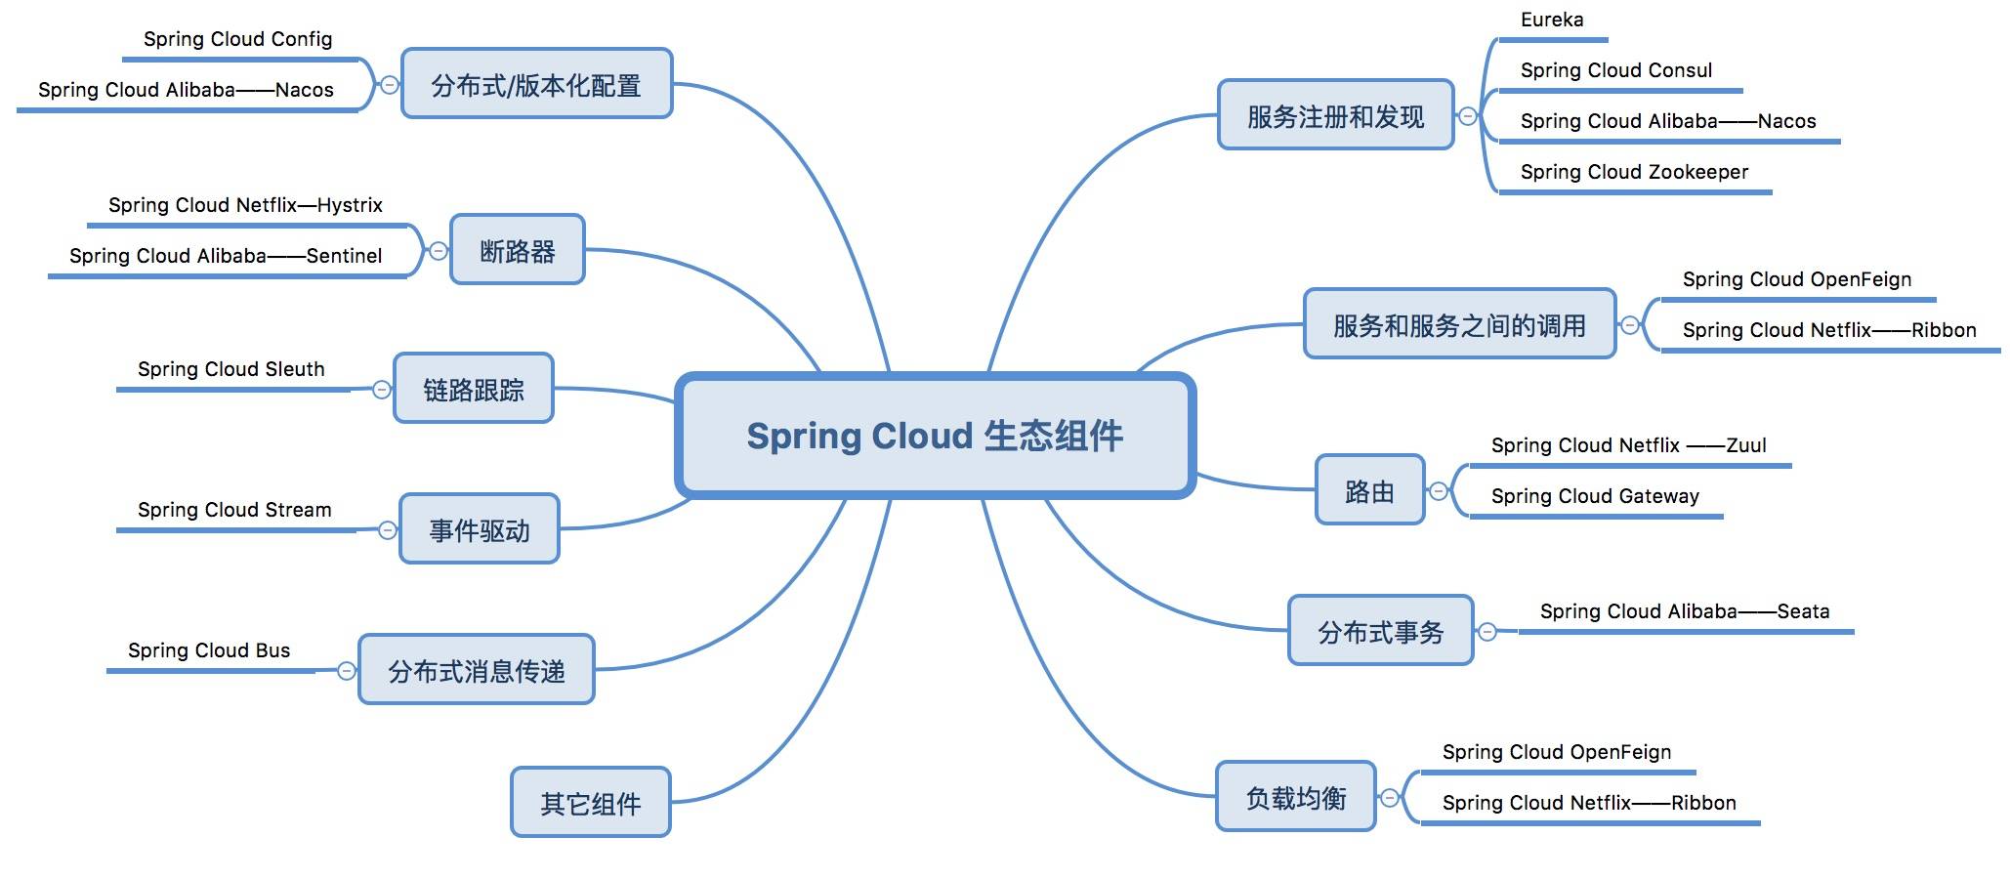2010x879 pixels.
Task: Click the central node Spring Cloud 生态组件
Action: [935, 436]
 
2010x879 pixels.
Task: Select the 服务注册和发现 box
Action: [1335, 115]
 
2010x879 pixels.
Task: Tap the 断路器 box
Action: [517, 250]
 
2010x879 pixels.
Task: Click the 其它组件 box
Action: [590, 802]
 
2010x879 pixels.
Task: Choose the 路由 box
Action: [1369, 490]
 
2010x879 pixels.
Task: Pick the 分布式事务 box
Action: [1380, 631]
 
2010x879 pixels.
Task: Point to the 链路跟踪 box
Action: [473, 389]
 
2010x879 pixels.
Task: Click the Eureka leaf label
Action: [1552, 20]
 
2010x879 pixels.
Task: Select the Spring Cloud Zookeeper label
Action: [1634, 172]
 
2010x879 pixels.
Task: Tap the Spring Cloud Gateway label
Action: [1595, 496]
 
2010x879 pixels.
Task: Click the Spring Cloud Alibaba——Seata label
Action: [1685, 611]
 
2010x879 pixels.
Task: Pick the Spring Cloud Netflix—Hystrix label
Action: [245, 205]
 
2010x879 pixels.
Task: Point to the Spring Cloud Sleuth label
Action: [230, 369]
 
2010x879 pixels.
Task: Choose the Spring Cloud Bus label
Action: [209, 650]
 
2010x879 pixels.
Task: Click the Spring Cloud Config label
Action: [237, 39]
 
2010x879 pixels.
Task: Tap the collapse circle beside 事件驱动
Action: [388, 530]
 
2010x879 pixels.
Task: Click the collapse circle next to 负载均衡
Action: [1390, 798]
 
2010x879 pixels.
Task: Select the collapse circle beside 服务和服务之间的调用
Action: [1630, 325]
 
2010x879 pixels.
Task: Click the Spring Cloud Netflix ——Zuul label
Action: [1628, 445]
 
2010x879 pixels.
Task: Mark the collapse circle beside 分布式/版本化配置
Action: [389, 85]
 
